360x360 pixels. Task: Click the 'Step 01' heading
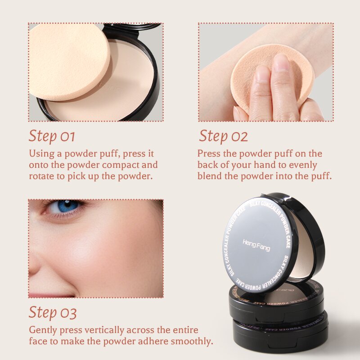tap(52, 136)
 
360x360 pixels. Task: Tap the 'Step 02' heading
tap(223, 136)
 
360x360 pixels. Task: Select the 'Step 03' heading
tap(53, 312)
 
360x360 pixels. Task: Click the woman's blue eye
tap(67, 206)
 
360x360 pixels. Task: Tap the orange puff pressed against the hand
tap(270, 81)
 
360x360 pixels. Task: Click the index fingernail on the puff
tap(282, 63)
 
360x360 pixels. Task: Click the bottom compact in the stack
tap(279, 335)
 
